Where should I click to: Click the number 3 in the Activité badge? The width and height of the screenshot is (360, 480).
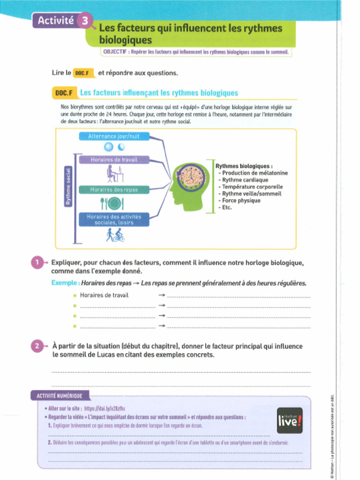click(84, 20)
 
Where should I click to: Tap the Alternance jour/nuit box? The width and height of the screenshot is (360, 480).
click(114, 136)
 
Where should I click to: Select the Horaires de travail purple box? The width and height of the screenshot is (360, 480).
click(114, 160)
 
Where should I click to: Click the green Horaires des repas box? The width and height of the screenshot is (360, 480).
click(114, 190)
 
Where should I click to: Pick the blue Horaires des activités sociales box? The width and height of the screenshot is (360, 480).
click(114, 219)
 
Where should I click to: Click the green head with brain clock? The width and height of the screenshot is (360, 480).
click(188, 185)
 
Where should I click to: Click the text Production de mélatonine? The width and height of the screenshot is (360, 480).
click(255, 173)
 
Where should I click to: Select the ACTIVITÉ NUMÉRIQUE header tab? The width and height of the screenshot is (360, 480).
click(60, 396)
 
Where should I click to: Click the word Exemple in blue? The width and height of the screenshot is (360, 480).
click(65, 283)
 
